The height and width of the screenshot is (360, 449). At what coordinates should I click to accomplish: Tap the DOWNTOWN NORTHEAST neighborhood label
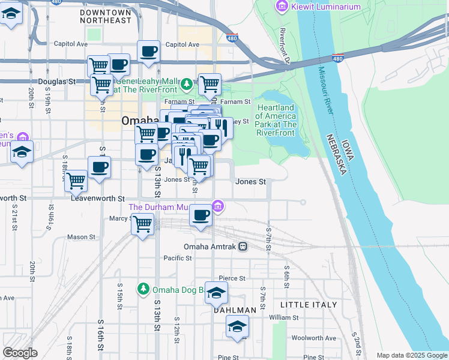coord(105,16)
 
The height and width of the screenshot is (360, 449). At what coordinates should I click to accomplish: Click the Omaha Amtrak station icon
coord(243,247)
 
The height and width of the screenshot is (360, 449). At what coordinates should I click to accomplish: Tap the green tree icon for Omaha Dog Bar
coord(143,289)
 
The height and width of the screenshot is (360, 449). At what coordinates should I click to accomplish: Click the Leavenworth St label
coord(97,198)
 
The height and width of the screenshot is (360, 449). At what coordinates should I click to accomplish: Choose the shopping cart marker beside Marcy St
coord(142,225)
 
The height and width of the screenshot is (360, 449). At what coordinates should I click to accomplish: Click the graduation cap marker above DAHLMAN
coord(217,292)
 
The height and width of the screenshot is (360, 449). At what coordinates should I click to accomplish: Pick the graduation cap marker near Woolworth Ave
coord(237,327)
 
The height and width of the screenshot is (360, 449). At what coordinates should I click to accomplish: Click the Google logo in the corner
coord(20,353)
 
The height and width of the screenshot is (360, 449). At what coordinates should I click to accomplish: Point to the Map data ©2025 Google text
coord(412,356)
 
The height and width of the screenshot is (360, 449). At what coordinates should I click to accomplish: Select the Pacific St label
coord(177,258)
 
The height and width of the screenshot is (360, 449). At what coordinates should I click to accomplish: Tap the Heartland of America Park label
coord(276,120)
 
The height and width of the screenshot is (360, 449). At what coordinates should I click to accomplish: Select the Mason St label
coord(77,237)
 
